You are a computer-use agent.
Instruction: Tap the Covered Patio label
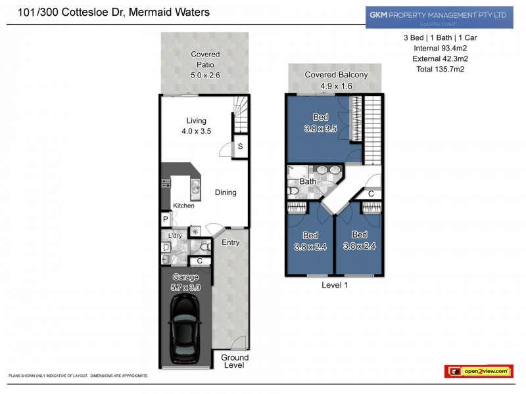click(x=205, y=65)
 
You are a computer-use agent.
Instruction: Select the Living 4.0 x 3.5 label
click(x=196, y=125)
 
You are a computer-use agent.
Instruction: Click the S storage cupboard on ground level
click(x=240, y=146)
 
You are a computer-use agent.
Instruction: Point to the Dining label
click(x=226, y=192)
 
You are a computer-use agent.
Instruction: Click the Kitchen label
click(x=183, y=206)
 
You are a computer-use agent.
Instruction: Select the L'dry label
click(x=175, y=236)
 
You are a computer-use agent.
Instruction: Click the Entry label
click(x=231, y=242)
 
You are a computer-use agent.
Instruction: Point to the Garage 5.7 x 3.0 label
click(x=185, y=282)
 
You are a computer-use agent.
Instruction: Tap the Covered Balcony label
click(x=336, y=80)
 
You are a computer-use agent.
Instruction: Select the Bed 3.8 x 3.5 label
click(x=321, y=123)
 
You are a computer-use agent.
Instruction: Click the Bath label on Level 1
click(x=308, y=181)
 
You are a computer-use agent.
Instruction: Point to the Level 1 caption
click(x=335, y=285)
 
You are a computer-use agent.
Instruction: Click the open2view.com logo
click(x=479, y=372)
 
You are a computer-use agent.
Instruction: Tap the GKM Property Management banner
click(x=439, y=16)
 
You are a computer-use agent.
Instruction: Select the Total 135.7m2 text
click(x=440, y=69)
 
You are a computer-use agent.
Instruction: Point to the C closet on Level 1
click(x=371, y=194)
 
